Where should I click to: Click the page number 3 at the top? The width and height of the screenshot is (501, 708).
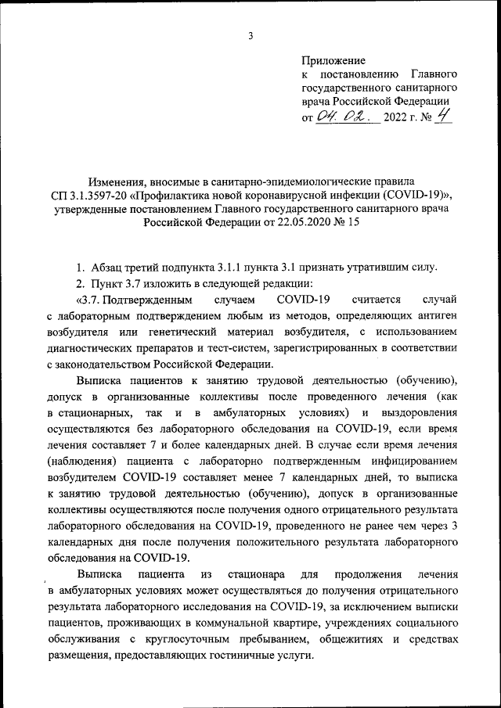[250, 35]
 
